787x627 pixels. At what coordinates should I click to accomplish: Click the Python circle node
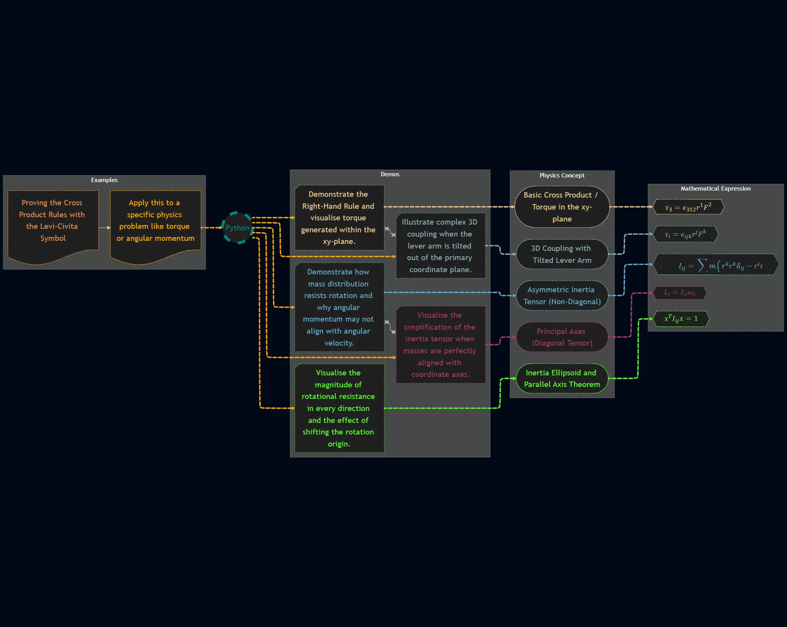point(237,228)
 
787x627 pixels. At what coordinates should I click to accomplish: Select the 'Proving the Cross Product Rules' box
point(53,221)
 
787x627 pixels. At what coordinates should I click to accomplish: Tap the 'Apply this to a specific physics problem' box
point(155,221)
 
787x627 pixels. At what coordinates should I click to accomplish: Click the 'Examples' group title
point(104,180)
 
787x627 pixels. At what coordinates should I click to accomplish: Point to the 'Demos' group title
point(390,174)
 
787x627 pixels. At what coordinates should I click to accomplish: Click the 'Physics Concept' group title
point(562,175)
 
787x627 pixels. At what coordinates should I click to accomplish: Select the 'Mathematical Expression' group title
point(716,189)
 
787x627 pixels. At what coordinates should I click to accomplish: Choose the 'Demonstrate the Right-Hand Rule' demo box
point(339,218)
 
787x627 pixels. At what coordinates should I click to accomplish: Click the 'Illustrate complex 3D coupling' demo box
point(440,246)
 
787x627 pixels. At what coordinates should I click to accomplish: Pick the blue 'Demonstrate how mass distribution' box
point(339,307)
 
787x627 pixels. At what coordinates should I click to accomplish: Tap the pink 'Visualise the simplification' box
point(440,345)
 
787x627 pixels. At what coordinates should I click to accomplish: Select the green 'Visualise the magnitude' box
point(339,408)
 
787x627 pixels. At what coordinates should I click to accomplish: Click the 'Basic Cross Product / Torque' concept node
point(562,207)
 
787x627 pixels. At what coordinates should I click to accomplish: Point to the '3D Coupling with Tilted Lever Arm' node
point(562,254)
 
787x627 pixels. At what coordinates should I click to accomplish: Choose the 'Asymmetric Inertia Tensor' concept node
point(562,296)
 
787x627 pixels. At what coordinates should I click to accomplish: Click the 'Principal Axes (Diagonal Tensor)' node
point(562,337)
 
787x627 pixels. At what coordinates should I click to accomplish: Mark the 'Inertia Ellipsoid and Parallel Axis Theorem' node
point(562,378)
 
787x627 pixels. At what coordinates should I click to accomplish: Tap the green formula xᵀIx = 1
point(681,319)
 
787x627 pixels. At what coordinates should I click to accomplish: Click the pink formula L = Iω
point(680,293)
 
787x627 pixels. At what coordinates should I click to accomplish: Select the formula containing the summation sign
point(716,265)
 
